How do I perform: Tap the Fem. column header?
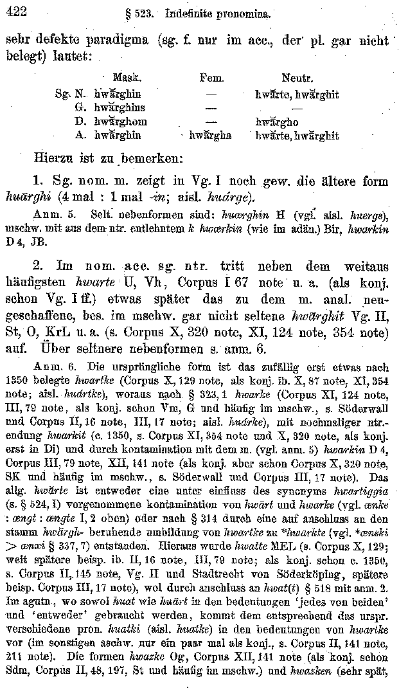pyautogui.click(x=211, y=80)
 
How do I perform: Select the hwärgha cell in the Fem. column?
pyautogui.click(x=210, y=136)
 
